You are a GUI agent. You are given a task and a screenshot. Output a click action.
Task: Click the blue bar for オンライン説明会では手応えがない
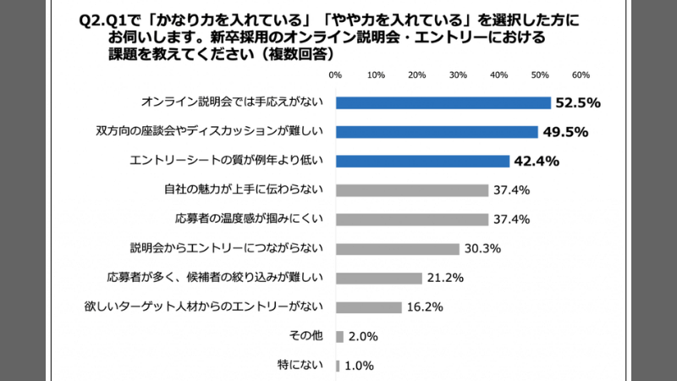(443, 102)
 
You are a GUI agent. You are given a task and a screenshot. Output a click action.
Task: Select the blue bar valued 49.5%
(437, 131)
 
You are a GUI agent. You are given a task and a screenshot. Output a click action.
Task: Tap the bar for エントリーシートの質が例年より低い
(422, 161)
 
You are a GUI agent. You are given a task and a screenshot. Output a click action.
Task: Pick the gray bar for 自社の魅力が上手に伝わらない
(412, 190)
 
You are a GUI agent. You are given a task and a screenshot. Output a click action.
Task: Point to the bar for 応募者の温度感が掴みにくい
(412, 219)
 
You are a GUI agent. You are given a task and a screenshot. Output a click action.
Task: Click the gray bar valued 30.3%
(398, 249)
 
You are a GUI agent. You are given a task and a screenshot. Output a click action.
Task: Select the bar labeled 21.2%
(379, 278)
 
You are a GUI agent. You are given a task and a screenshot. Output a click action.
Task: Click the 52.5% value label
(577, 102)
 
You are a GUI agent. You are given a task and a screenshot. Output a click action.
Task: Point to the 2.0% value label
(363, 336)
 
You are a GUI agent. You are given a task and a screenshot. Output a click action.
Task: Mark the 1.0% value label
(360, 366)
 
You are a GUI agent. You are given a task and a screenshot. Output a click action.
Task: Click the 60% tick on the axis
(581, 75)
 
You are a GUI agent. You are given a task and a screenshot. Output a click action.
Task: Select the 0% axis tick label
(335, 75)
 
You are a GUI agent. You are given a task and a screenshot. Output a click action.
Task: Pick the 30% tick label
(458, 75)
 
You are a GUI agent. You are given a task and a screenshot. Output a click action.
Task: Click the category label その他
(306, 336)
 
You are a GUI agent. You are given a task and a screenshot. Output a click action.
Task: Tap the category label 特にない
(301, 366)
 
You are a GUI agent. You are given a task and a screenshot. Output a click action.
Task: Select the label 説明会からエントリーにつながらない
(226, 249)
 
